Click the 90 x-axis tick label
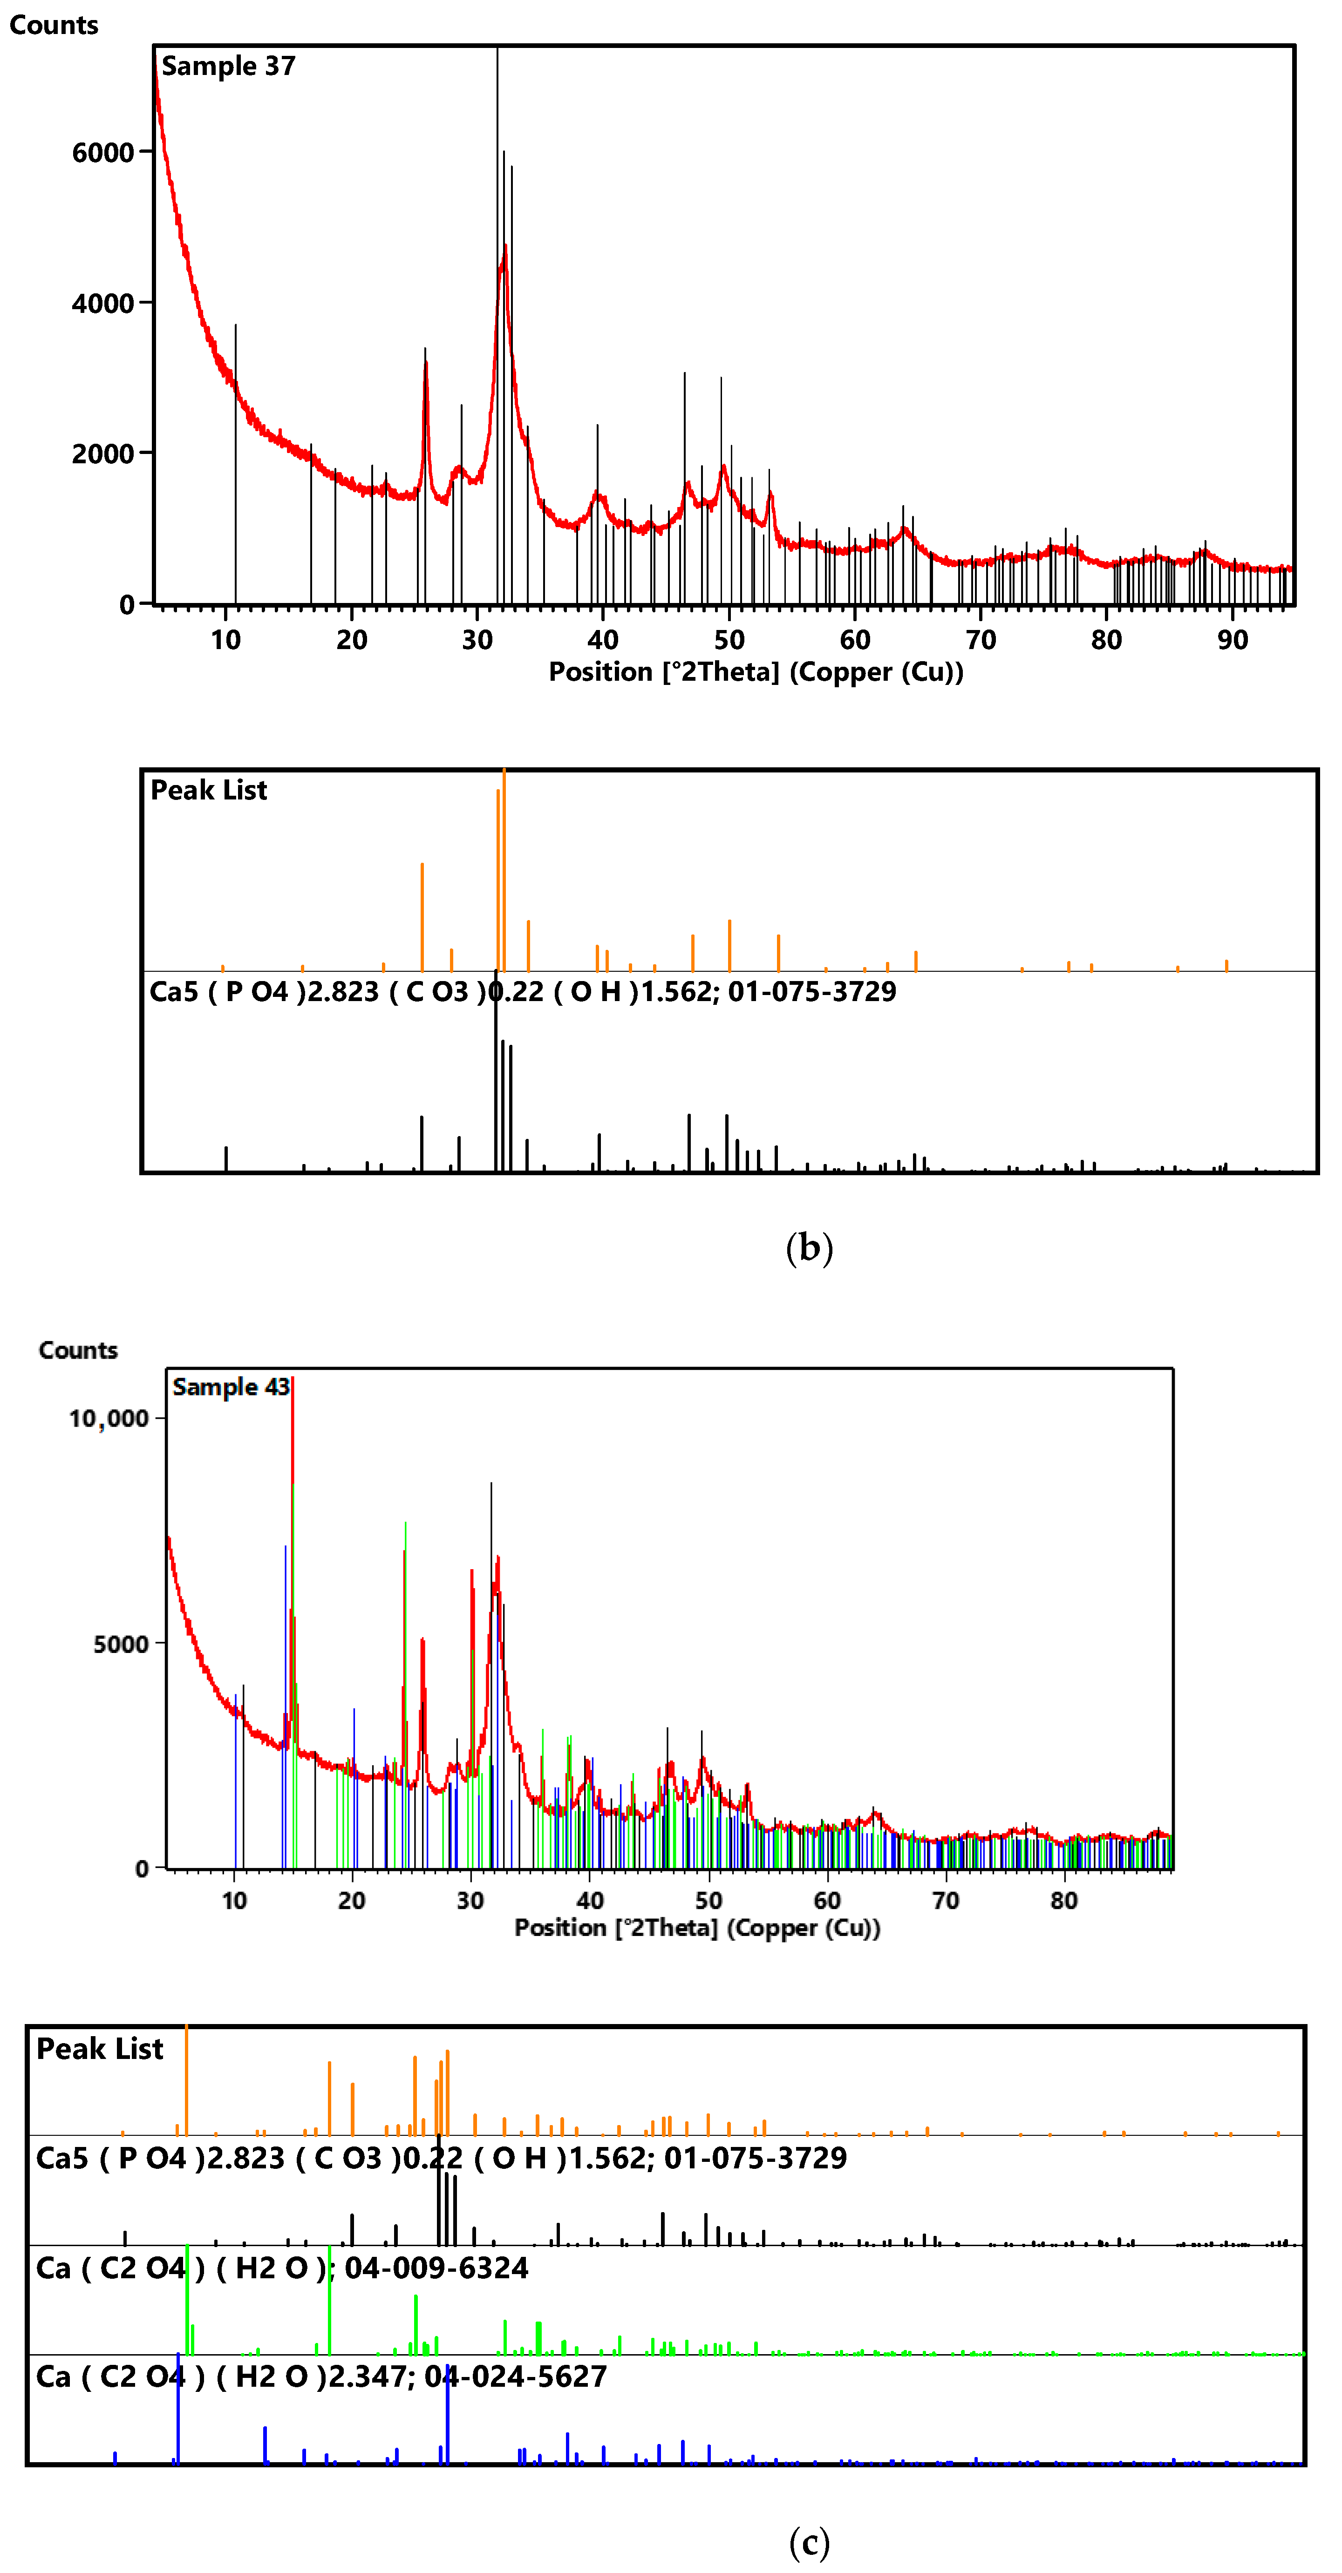[x=1232, y=640]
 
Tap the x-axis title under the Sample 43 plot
[x=696, y=1928]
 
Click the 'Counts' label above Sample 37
[x=54, y=25]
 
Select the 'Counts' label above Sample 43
[x=78, y=1350]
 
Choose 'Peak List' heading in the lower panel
[x=100, y=2050]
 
